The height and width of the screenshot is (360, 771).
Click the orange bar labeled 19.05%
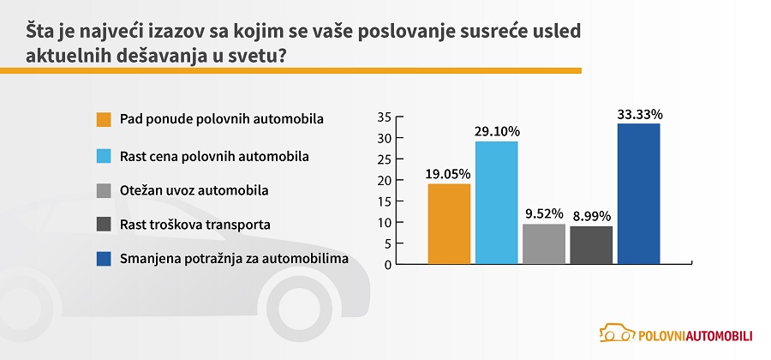coord(449,224)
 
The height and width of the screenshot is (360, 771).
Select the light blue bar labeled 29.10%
coord(497,202)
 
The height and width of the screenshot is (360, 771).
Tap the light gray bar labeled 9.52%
coord(544,244)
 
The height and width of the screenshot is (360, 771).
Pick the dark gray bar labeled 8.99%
coord(591,245)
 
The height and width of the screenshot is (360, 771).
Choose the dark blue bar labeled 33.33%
coord(639,194)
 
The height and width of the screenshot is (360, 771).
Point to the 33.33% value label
coord(640,115)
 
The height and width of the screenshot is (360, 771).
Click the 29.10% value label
coord(497,132)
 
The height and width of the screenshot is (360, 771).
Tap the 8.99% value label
coord(591,216)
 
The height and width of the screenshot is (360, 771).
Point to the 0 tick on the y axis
coord(388,265)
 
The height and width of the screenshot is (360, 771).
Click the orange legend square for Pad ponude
coord(104,119)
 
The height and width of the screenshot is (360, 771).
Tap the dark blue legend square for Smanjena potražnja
coord(104,259)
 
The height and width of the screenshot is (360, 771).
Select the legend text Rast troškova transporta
coord(195,225)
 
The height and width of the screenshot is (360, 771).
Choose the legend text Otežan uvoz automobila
coord(194,189)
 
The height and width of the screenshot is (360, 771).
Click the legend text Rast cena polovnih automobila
coord(214,156)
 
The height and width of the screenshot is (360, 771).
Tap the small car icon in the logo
coord(617,333)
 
